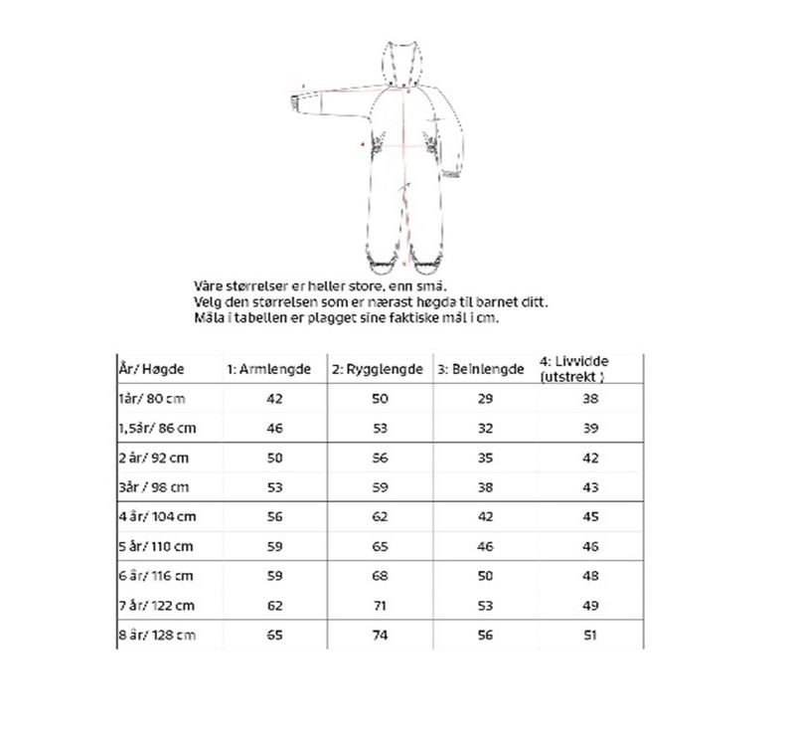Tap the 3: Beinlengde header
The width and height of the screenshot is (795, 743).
pos(480,369)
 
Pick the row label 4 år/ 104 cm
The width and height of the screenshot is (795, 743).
pos(156,516)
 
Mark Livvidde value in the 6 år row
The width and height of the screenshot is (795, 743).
pos(591,575)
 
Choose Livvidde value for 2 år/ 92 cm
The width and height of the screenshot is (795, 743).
pos(591,458)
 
